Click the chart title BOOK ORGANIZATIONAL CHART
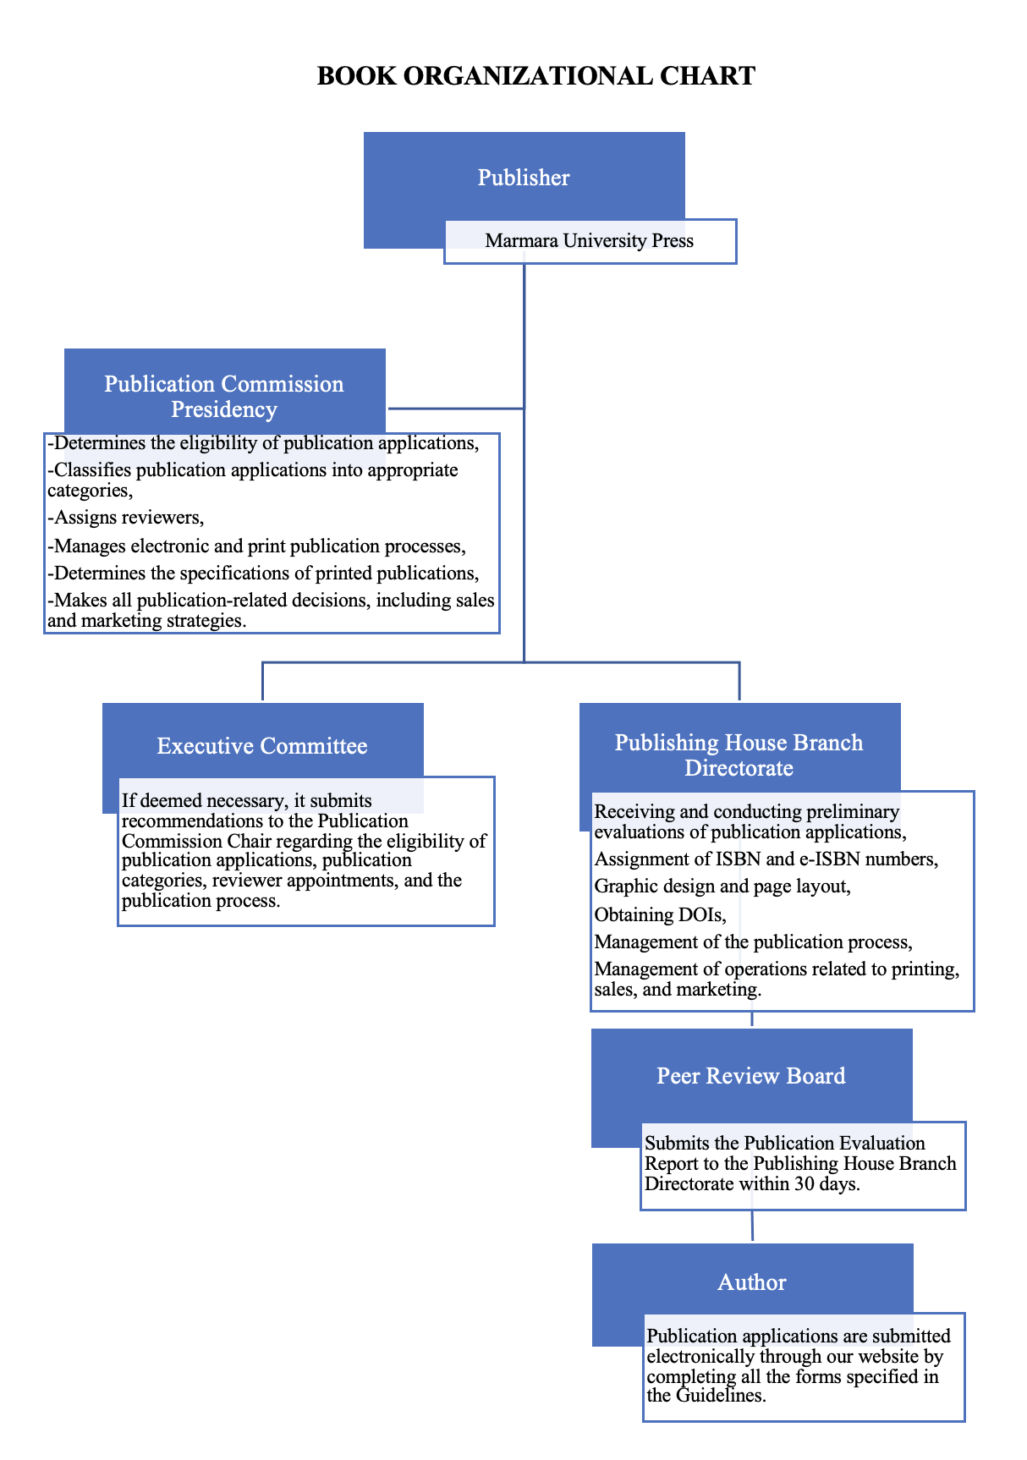[535, 76]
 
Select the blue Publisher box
[524, 178]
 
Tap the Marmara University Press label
[590, 241]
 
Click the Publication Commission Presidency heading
[224, 396]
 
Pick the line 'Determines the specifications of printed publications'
[263, 574]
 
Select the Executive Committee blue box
[262, 745]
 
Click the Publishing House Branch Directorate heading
[739, 755]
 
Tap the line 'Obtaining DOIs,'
[661, 914]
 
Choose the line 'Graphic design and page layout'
[722, 886]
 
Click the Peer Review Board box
[751, 1076]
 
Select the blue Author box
[752, 1282]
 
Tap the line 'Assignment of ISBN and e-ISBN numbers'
[766, 859]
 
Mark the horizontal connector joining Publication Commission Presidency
[455, 409]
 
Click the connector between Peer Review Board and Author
[752, 1226]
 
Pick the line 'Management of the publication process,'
[753, 942]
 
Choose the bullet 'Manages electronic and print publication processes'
[257, 546]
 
